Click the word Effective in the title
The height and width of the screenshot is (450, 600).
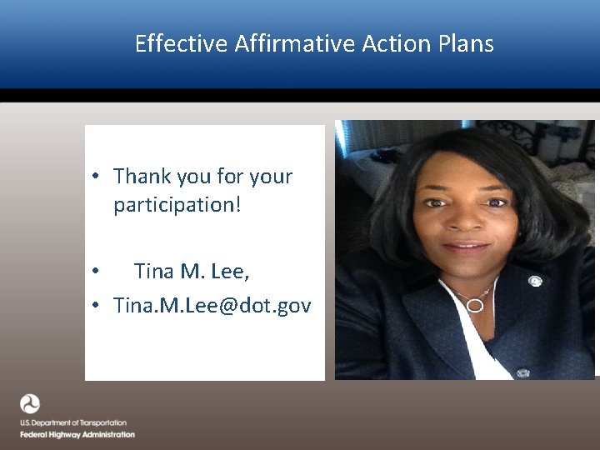180,43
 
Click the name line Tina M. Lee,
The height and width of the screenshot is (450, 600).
192,272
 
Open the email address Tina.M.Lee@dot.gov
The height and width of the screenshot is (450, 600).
212,306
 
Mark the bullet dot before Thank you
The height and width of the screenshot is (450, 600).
97,177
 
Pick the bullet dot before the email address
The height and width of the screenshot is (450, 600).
97,307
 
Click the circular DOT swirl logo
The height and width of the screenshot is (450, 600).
30,404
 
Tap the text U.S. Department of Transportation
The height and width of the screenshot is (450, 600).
73,423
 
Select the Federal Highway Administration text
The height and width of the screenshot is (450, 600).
77,435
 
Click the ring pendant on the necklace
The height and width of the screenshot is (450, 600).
474,304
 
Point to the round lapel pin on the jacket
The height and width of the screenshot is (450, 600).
535,281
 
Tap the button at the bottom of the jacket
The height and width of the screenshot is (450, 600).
522,372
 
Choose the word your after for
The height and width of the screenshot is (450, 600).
271,177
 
